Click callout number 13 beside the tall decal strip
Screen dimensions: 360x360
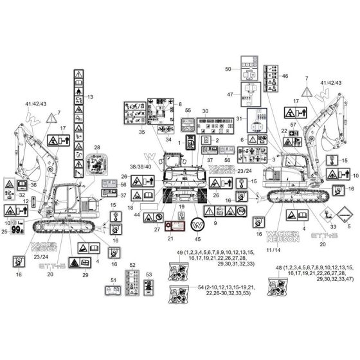91,97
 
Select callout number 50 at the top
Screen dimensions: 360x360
228,68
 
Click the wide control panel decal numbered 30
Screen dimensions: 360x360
205,122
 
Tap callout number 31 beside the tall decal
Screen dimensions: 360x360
239,119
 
